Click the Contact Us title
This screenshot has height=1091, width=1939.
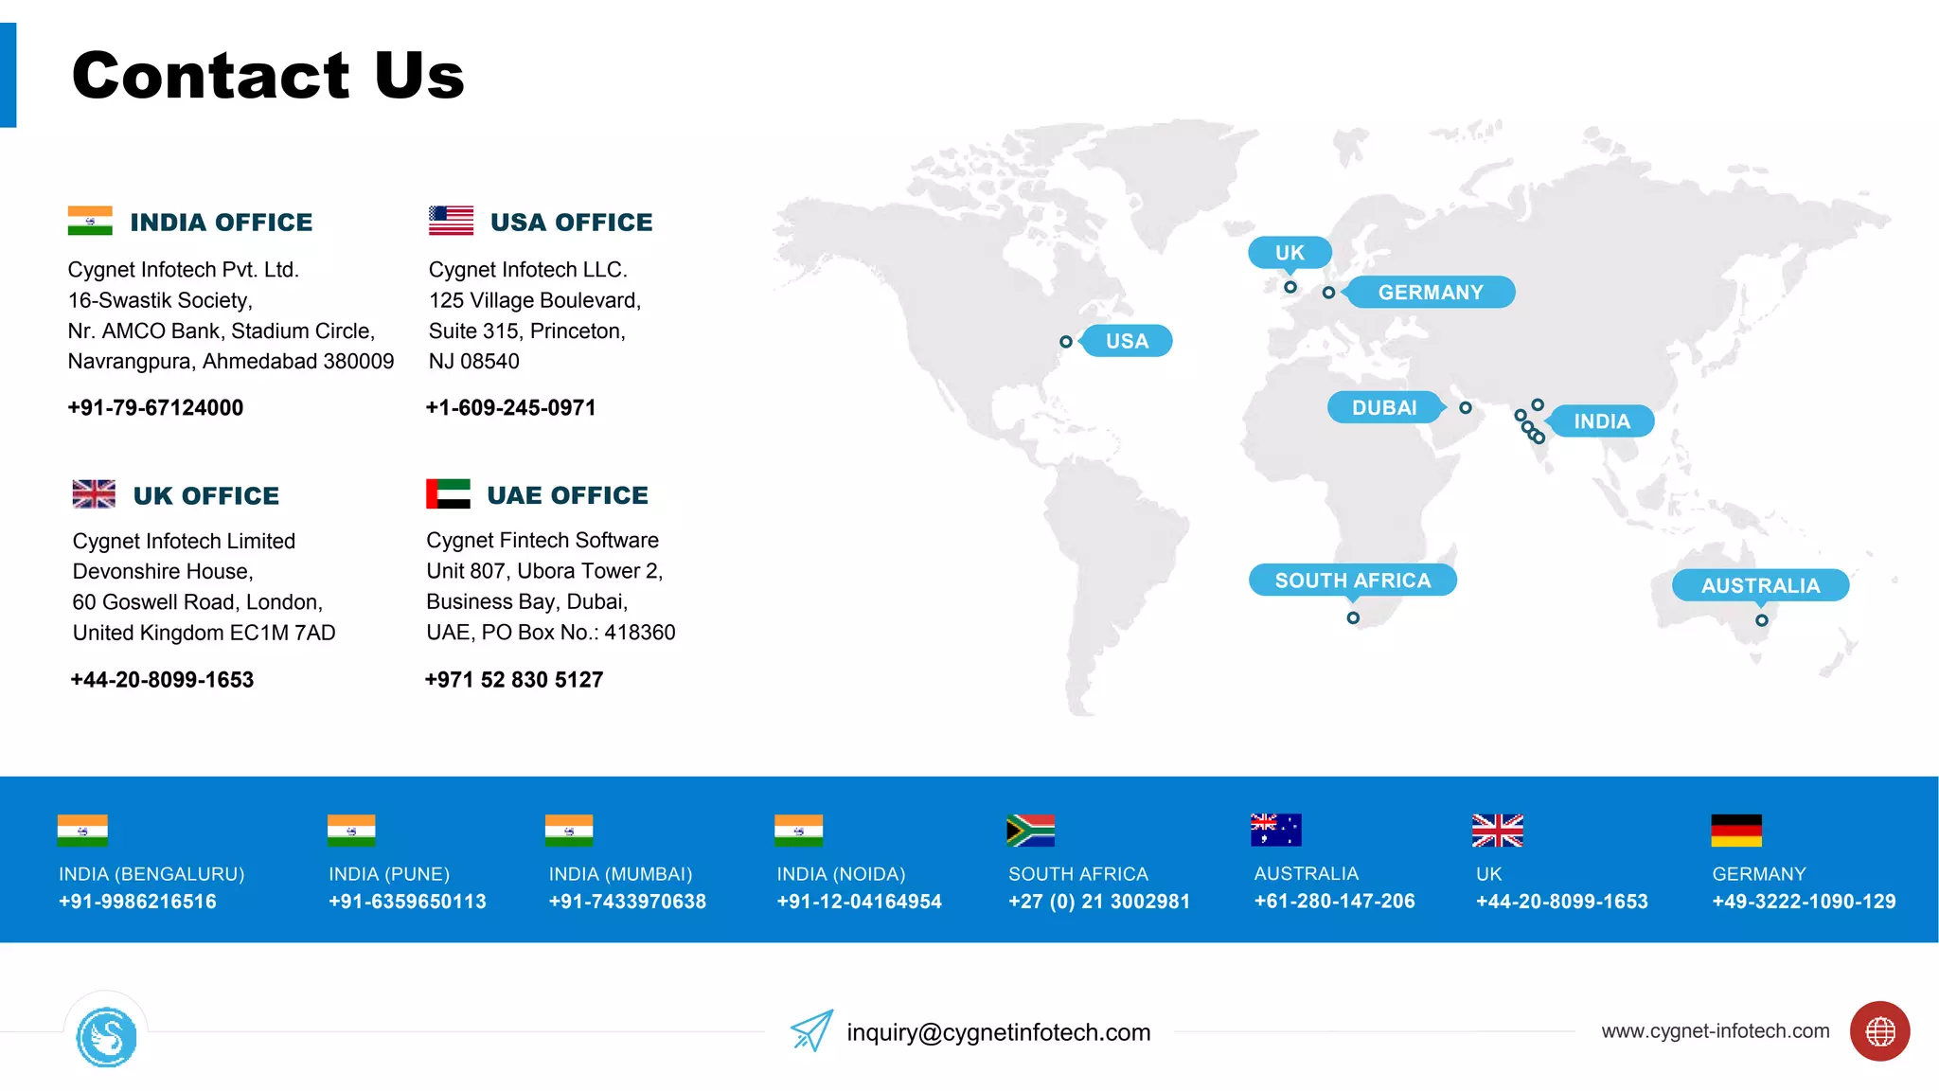pyautogui.click(x=268, y=76)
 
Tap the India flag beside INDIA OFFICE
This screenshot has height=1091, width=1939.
pyautogui.click(x=90, y=221)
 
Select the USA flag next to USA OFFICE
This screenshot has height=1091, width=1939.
pyautogui.click(x=451, y=221)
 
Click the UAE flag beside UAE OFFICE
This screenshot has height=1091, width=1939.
pyautogui.click(x=448, y=493)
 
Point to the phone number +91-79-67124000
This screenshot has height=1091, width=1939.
pyautogui.click(x=155, y=408)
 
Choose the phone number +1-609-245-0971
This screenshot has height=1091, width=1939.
pyautogui.click(x=511, y=408)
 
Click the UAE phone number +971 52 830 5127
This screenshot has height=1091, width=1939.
pyautogui.click(x=514, y=680)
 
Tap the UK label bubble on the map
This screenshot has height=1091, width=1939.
pyautogui.click(x=1290, y=253)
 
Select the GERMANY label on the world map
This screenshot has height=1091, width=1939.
pyautogui.click(x=1431, y=293)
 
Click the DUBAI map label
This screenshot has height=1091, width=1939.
pyautogui.click(x=1384, y=407)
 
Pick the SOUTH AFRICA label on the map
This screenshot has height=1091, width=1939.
pyautogui.click(x=1352, y=581)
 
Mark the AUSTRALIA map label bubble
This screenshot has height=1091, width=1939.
pyautogui.click(x=1760, y=585)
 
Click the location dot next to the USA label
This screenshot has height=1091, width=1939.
pyautogui.click(x=1066, y=342)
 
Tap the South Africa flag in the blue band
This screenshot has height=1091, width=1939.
pyautogui.click(x=1030, y=831)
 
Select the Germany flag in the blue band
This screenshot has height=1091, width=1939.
pyautogui.click(x=1736, y=831)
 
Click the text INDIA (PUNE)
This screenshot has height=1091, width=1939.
pyautogui.click(x=389, y=874)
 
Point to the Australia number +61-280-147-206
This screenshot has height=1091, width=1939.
pyautogui.click(x=1334, y=902)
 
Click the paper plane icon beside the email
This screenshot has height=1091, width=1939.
pyautogui.click(x=811, y=1030)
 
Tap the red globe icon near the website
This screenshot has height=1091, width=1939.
pyautogui.click(x=1879, y=1031)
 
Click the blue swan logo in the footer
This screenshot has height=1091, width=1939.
pyautogui.click(x=106, y=1038)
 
